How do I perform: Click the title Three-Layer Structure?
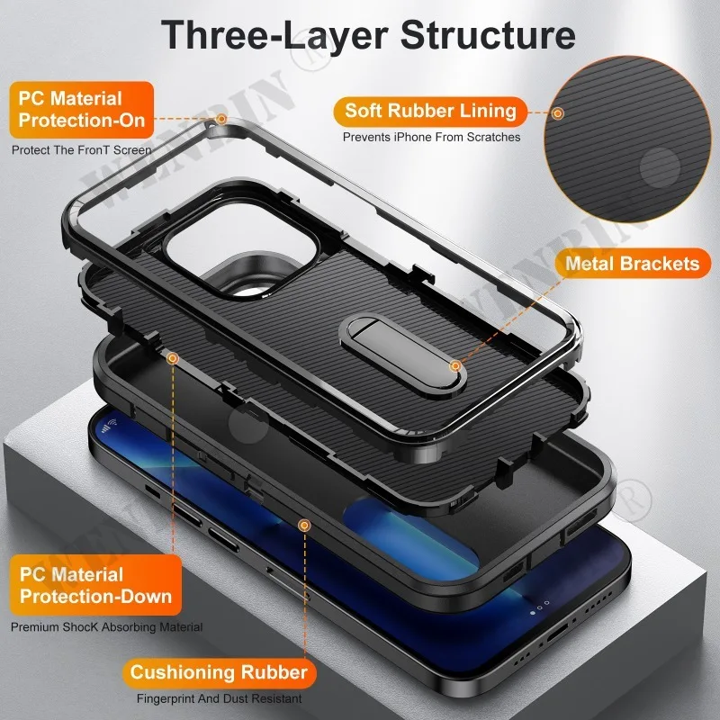[368, 35]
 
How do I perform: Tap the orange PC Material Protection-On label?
[76, 109]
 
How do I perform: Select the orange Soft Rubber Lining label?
[431, 112]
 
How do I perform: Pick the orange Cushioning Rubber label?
[219, 672]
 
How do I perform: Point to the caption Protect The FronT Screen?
[82, 150]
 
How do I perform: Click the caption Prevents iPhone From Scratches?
[431, 138]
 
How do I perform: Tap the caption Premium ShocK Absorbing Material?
[106, 626]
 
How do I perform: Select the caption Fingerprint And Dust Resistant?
[219, 698]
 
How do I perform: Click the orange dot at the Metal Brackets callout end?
[457, 365]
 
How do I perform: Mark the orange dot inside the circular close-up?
[558, 113]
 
